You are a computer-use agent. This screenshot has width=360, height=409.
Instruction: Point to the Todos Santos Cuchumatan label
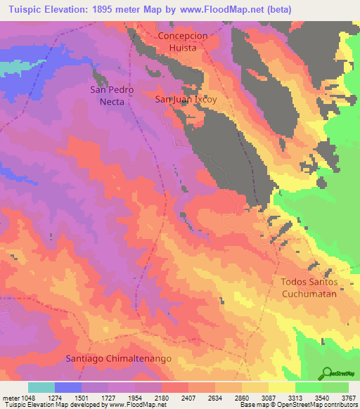309,287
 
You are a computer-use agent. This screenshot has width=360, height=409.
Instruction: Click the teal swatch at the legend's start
41,387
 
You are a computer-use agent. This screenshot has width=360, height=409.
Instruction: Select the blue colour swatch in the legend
68,387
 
